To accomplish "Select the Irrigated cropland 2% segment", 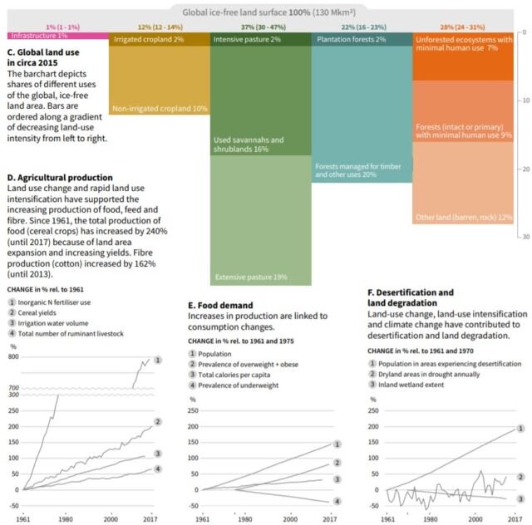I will (x=159, y=40).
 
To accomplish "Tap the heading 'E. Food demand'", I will (x=220, y=305).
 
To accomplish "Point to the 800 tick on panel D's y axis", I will (x=12, y=356).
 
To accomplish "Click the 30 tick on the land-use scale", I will (x=525, y=237).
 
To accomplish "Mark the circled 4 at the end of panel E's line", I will (x=337, y=502).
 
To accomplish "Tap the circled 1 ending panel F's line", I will (x=520, y=429).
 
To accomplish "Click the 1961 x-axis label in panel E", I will (x=203, y=518).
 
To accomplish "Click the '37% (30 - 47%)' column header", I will (x=259, y=27).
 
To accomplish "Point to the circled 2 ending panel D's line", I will (x=158, y=422).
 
